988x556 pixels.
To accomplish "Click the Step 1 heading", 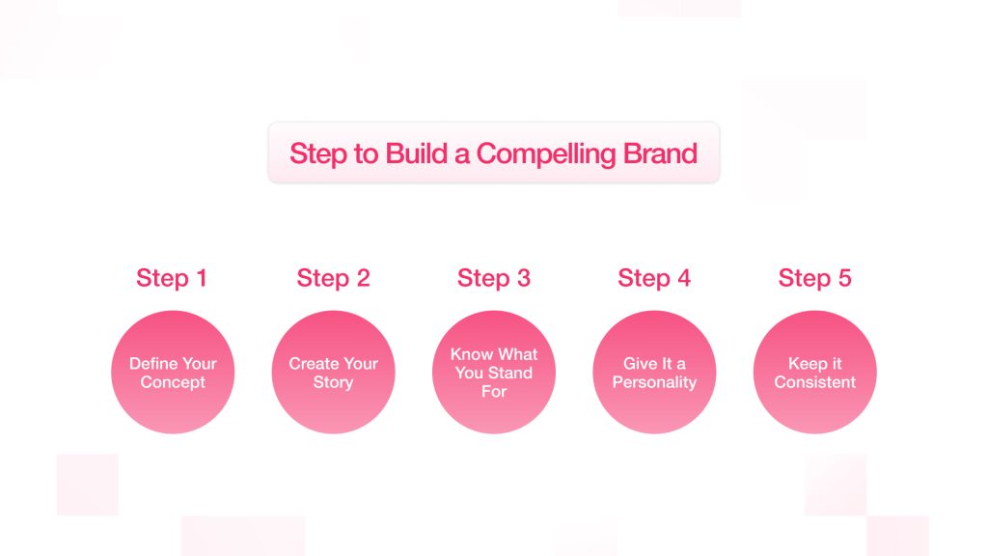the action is pos(172,278).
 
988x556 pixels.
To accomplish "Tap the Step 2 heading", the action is pos(333,278).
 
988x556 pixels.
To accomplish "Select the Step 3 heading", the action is pos(494,278).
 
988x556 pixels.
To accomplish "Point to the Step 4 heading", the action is pos(654,278).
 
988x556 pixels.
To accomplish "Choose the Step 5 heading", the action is pos(814,278).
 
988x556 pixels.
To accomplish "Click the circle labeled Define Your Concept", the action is pos(173,372).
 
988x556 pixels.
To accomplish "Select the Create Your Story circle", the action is pos(333,372).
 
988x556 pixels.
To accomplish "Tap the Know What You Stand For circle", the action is pos(494,372).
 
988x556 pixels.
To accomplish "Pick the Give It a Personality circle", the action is pos(654,372).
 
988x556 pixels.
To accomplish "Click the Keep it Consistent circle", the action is pos(814,372).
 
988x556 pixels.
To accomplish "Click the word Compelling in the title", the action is pos(546,154).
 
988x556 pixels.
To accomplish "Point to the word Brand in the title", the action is pos(660,153).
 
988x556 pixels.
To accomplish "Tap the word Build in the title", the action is pos(416,153).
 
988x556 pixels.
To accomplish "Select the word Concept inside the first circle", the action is pos(173,382).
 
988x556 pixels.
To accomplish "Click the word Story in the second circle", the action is pos(333,382).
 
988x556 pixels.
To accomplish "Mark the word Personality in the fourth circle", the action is pos(654,382).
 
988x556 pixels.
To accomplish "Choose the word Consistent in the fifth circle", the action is pos(814,382).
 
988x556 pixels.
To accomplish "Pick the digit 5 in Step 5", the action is pos(844,278).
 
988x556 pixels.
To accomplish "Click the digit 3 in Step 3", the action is pos(524,278).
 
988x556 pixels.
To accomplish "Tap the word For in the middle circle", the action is pos(494,392).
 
